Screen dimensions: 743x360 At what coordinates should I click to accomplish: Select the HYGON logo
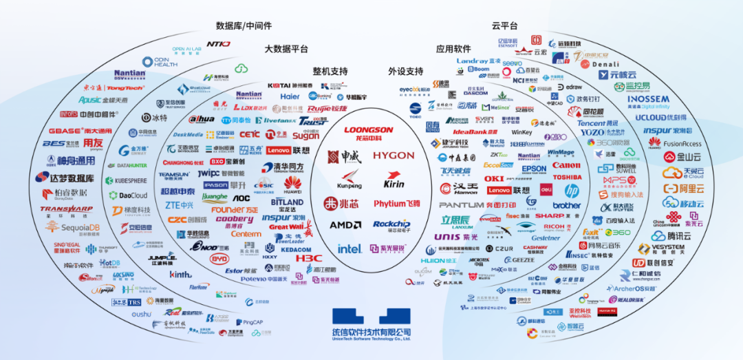394,156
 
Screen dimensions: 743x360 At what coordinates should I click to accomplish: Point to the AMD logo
345,224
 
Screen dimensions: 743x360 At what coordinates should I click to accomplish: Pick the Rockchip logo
391,224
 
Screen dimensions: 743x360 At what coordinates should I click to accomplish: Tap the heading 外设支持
405,71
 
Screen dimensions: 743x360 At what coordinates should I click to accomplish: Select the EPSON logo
534,168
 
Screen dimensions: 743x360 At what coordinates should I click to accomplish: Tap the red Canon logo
566,165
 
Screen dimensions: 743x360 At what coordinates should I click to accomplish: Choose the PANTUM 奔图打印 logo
477,205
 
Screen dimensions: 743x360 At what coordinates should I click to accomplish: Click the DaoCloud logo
129,195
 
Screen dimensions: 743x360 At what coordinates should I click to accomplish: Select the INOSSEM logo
648,99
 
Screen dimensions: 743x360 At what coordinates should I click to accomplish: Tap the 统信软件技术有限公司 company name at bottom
371,332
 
